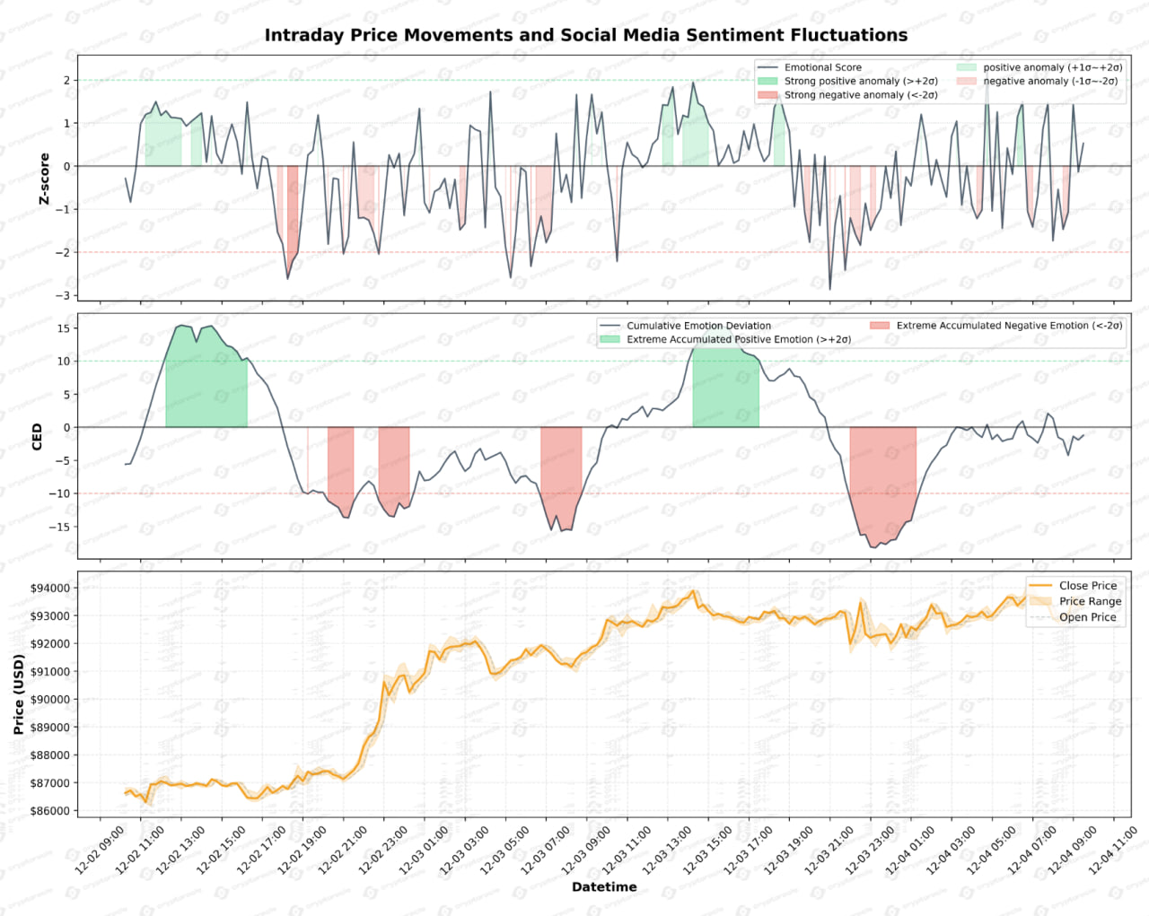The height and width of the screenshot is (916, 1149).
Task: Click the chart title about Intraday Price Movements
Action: (585, 35)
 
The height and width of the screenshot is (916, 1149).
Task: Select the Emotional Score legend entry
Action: (822, 67)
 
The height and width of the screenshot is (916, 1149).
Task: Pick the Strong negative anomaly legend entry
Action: (860, 95)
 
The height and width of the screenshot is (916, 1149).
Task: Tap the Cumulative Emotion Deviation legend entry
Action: (698, 326)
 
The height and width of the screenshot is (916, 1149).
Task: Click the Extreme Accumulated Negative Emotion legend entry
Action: (1009, 326)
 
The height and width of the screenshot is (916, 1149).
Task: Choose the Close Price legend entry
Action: (1088, 586)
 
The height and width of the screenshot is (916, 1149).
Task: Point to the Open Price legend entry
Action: (1087, 617)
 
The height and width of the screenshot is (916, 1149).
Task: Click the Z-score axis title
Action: (44, 179)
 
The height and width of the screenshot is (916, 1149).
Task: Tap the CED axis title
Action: (37, 437)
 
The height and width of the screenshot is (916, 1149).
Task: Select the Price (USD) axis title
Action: (19, 694)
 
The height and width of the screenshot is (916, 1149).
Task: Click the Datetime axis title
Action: (604, 887)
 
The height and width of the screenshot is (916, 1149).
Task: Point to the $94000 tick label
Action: (50, 589)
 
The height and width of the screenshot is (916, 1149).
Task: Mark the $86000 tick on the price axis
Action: (50, 811)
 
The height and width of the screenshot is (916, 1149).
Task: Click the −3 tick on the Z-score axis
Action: (63, 295)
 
